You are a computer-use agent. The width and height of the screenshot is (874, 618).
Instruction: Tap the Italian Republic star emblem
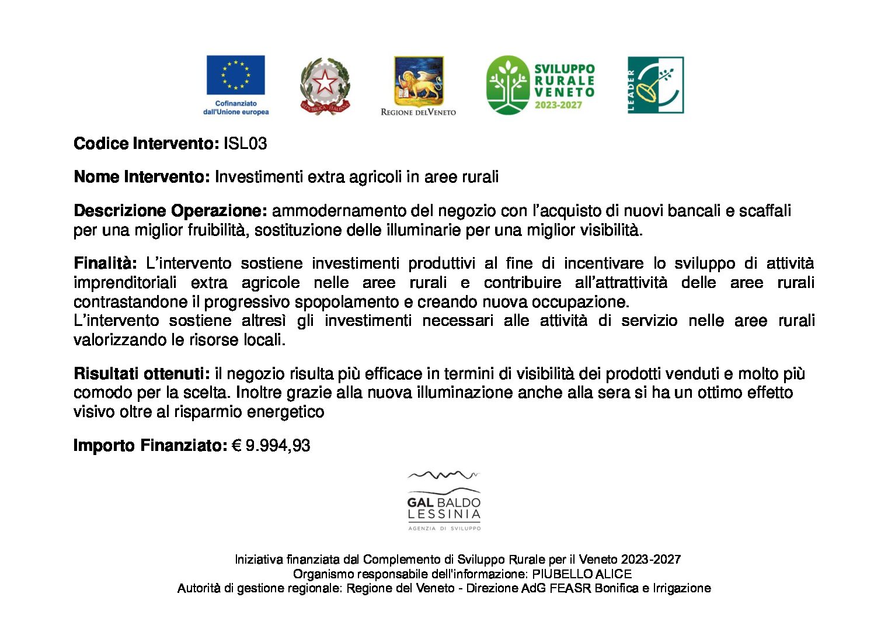tap(325, 85)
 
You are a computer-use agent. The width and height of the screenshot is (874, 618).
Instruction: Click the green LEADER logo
tap(655, 85)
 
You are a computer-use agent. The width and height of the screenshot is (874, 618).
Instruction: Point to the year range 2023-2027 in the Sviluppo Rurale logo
tap(558, 106)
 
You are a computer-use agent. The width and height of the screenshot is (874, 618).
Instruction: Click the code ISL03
tap(245, 144)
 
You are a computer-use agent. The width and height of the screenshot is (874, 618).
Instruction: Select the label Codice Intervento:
tap(146, 144)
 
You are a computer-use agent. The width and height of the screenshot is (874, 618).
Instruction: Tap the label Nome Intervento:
tap(141, 177)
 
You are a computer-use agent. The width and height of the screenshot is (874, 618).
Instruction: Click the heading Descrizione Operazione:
tap(170, 211)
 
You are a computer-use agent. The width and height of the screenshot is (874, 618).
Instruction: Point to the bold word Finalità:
tap(105, 263)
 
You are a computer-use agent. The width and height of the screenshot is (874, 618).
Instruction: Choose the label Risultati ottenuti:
tap(141, 374)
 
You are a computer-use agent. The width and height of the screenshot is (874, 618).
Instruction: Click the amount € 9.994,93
tap(271, 446)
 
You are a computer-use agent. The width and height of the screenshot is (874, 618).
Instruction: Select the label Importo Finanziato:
tap(150, 446)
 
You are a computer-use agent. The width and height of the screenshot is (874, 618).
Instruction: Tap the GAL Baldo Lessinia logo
tap(444, 501)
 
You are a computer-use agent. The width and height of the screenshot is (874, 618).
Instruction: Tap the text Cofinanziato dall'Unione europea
tap(236, 107)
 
